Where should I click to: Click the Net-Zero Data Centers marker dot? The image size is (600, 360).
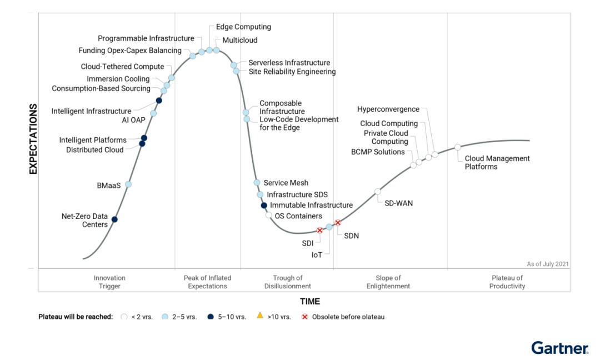pos(114,219)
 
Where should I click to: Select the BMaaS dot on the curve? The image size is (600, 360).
pos(128,184)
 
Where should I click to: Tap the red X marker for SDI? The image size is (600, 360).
pos(319,230)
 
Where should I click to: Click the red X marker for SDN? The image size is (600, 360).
pos(338,223)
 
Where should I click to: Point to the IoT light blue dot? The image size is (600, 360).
pos(329,227)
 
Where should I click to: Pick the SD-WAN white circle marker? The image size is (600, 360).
pos(378,192)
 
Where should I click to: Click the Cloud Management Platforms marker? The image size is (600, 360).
pos(458,147)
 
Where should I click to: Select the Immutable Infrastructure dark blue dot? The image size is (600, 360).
pos(264,206)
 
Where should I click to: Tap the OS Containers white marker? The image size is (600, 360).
pos(269,215)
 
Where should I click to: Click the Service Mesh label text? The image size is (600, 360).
pos(286,183)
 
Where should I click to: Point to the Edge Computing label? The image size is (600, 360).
pos(243,27)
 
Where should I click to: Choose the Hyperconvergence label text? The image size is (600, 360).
pos(388,109)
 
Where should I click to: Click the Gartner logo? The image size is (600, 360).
pos(559,348)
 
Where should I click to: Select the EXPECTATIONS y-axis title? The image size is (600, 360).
pos(33,139)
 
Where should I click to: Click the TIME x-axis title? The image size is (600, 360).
pos(310,302)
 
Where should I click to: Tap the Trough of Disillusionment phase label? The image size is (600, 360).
pos(288,282)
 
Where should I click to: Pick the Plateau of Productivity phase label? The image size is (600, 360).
pos(507,282)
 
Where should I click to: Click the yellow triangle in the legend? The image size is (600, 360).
pos(259,316)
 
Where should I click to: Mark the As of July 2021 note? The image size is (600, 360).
pos(547,264)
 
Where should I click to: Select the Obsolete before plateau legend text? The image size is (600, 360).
pos(348,317)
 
